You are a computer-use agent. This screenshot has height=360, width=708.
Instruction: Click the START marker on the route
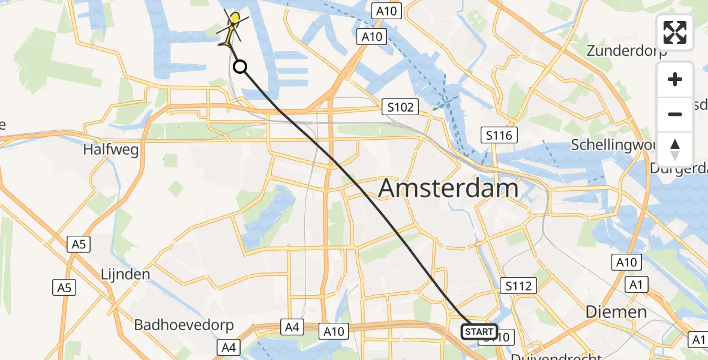pos(479,332)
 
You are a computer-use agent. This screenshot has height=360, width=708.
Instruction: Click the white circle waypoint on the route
pos(239,67)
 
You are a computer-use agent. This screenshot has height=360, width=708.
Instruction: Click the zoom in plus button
pos(675,79)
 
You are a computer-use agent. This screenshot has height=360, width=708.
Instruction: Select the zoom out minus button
pos(675,114)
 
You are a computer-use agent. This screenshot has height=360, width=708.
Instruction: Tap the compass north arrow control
pos(675,149)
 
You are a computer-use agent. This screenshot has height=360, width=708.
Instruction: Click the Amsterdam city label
pos(448,188)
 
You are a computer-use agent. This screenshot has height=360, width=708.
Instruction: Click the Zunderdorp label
pos(627,50)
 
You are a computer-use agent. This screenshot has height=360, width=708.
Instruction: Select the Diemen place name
pos(616,312)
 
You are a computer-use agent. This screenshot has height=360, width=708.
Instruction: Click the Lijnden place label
pos(125,274)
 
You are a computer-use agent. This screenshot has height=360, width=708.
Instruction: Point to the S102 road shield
pos(400,107)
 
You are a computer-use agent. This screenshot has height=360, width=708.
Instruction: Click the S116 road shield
pos(499,135)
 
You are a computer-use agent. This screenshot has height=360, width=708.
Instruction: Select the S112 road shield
pos(518,286)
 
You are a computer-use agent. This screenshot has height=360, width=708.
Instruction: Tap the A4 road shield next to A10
pos(292,327)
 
